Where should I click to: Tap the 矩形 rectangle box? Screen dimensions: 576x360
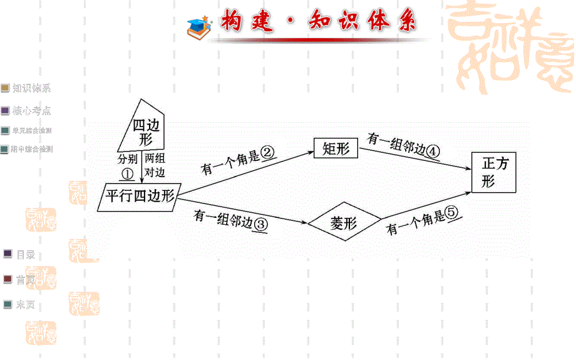336,148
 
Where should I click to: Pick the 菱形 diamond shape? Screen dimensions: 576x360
343,223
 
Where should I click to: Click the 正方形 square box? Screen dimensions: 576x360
493,172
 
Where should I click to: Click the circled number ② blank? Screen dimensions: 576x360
268,153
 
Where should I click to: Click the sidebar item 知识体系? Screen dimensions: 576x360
31,88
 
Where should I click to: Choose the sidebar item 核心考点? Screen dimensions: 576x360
31,111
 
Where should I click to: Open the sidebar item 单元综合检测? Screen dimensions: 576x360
31,131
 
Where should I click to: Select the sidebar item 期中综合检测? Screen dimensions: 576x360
31,150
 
